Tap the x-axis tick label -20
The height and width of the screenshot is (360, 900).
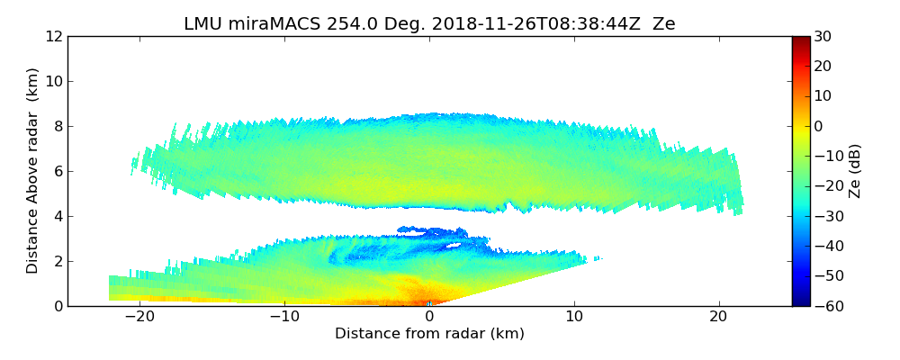(139, 317)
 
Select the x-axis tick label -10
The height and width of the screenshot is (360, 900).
(283, 317)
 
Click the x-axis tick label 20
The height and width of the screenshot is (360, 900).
(719, 317)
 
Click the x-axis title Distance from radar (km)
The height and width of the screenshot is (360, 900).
(429, 334)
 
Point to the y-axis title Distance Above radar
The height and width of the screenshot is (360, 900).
(33, 171)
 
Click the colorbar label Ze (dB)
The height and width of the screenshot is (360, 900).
(856, 171)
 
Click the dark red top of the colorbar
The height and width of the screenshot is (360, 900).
(800, 40)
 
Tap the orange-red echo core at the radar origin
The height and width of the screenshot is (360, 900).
(423, 297)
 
